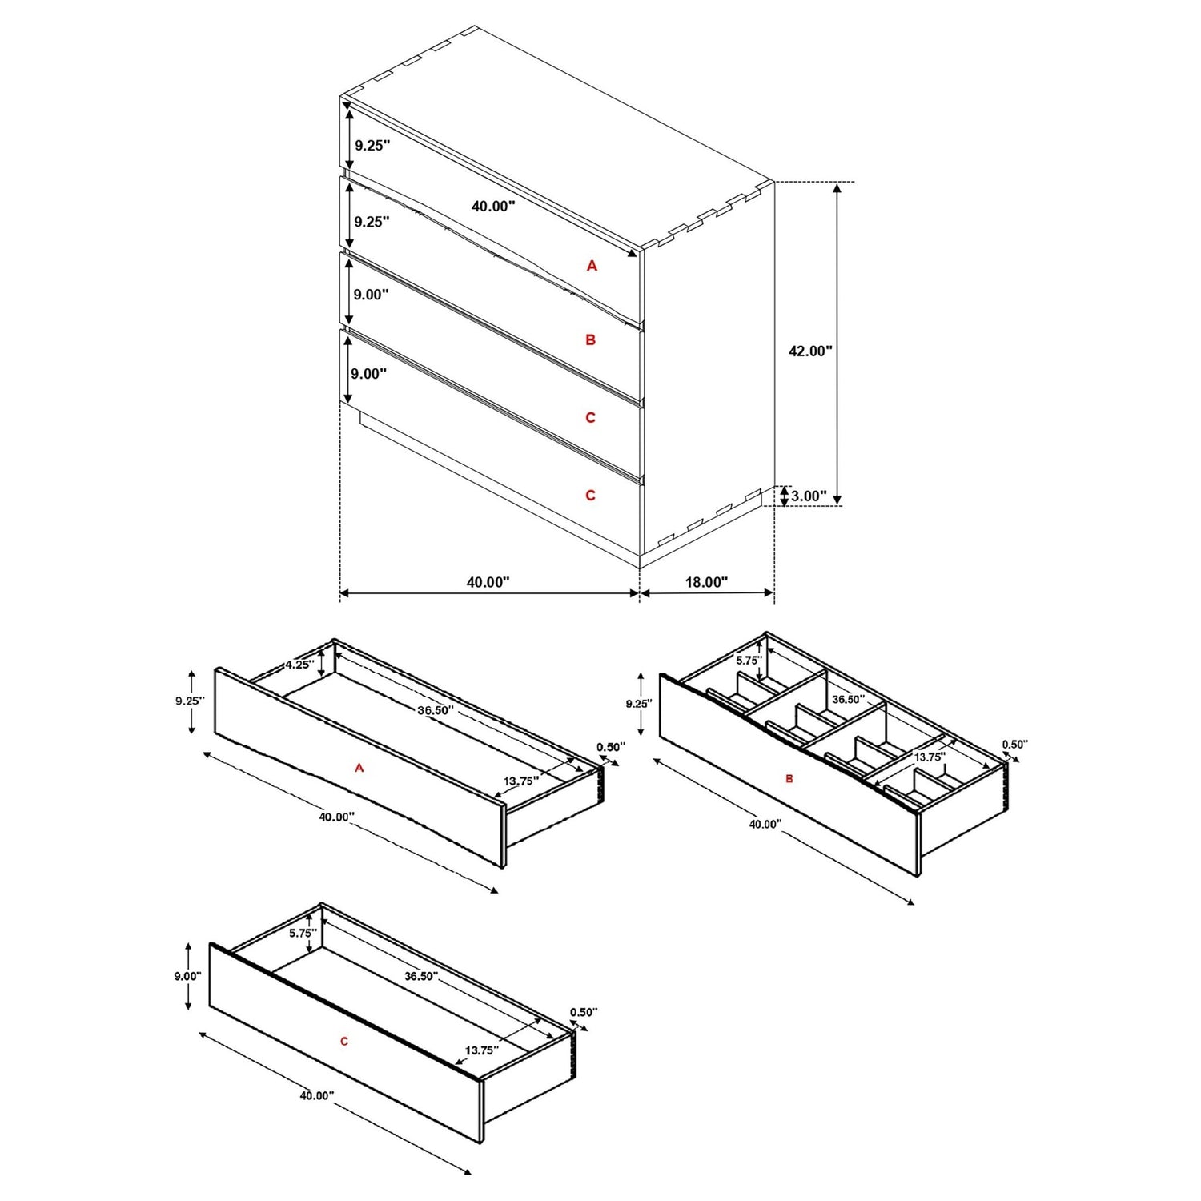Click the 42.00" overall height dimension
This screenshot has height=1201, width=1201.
(810, 351)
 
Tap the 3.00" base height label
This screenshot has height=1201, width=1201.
(809, 496)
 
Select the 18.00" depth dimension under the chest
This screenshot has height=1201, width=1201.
(706, 582)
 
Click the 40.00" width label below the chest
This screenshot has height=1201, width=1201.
(488, 582)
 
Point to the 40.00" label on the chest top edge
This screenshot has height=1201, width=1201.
(492, 206)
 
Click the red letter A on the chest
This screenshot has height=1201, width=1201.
(592, 266)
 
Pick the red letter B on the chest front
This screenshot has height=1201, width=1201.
(591, 340)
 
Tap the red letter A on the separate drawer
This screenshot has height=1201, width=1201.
(359, 768)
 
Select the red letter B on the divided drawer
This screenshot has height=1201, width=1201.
(789, 778)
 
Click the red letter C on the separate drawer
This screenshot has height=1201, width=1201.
(344, 1042)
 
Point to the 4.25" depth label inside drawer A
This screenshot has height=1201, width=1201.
(298, 665)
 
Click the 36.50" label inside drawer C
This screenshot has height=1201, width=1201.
(421, 976)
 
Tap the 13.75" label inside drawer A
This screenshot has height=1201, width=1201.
(520, 781)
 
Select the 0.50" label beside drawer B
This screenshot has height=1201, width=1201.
(1014, 744)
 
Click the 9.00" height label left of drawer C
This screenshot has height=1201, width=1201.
(187, 976)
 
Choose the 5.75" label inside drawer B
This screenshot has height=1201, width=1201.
(748, 661)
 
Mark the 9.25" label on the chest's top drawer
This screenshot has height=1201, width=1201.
(372, 146)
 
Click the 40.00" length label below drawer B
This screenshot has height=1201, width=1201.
(765, 824)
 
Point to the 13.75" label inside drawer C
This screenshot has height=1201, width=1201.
(482, 1050)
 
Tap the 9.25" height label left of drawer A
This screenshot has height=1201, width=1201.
(191, 701)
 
